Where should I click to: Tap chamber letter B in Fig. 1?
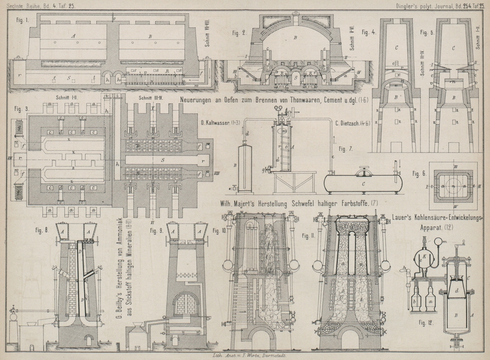click(151, 36)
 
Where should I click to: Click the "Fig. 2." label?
click(235, 31)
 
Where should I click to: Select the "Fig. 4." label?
click(369, 31)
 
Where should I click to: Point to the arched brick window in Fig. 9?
click(183, 304)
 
